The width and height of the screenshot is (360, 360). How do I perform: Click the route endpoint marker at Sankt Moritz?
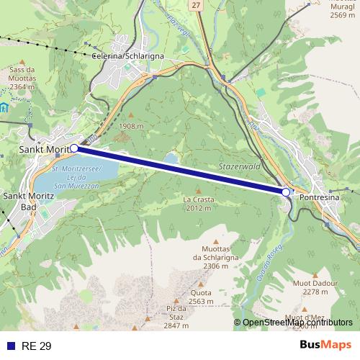click(74, 148)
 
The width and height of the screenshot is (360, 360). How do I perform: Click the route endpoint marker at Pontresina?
click(286, 192)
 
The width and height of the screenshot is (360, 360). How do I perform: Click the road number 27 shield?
click(196, 5)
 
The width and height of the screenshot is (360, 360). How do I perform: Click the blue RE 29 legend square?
click(10, 346)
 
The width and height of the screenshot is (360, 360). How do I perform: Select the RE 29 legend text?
click(36, 346)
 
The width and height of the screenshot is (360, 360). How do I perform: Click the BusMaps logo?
click(325, 345)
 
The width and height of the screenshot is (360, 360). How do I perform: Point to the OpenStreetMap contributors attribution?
click(297, 323)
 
